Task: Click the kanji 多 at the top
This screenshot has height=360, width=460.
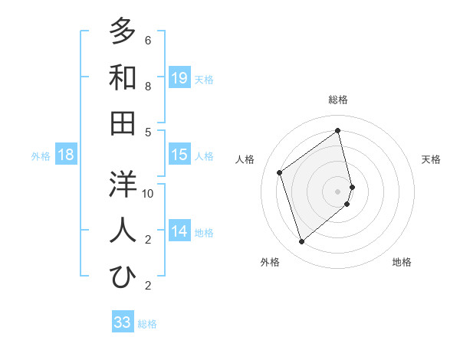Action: pos(123,31)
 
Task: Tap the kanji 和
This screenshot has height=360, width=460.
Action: pos(123,77)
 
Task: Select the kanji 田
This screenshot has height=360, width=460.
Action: pos(123,123)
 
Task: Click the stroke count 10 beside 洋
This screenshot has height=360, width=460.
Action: pos(149,194)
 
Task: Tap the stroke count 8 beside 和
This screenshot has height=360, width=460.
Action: pos(148,87)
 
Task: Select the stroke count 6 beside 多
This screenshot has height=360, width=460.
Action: pos(148,41)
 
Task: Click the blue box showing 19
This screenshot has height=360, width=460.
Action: pos(179,78)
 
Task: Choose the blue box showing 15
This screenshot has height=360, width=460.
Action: pos(179,155)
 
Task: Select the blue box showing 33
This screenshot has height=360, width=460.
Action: pos(123,322)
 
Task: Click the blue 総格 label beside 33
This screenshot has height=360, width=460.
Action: pos(147,324)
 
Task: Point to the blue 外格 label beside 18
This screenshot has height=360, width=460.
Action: pos(41,156)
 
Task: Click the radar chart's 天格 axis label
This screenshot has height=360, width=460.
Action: pos(431,159)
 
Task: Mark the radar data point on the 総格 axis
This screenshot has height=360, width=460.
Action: pos(338,130)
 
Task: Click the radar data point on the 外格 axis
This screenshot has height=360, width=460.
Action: pos(301,242)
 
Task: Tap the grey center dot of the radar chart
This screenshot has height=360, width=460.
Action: pos(338,190)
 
